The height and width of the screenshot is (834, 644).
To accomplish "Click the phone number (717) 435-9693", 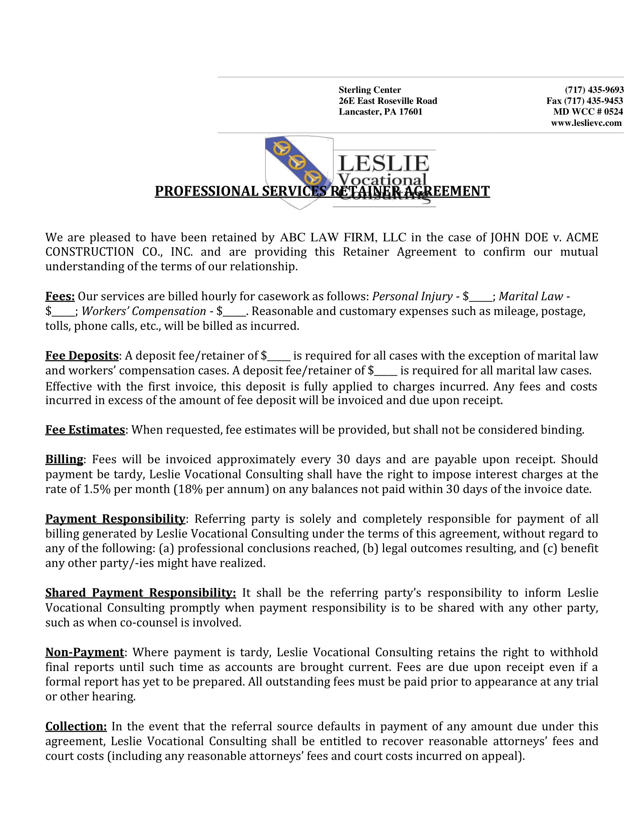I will point(594,90).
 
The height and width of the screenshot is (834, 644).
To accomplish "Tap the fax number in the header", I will point(585,101).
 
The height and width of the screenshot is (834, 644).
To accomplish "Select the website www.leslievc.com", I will point(586,123).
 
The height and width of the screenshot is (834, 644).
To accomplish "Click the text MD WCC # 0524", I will point(588,112).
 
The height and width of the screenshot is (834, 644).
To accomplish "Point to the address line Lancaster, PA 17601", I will point(380,112).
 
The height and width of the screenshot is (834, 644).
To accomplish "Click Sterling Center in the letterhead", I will point(370,90).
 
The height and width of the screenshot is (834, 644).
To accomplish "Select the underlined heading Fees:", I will point(60,296).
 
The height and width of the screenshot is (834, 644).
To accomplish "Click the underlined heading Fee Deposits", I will point(82,356).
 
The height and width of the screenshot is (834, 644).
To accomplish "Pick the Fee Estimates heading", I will point(85,430).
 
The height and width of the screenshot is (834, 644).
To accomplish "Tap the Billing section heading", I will point(64,459).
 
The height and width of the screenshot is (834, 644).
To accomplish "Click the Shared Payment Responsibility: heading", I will point(141,593).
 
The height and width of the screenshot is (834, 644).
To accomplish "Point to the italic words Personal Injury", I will point(412,296).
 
